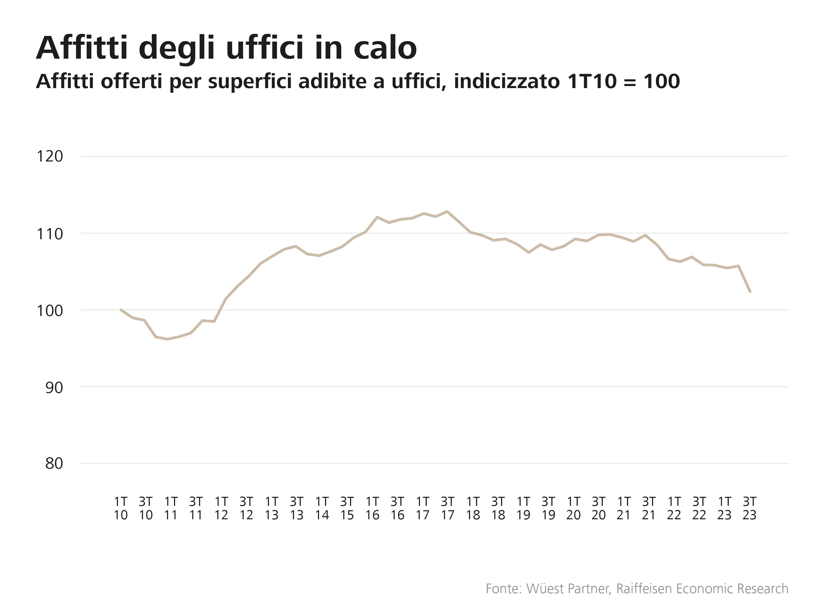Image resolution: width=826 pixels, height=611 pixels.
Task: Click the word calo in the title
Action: (385, 49)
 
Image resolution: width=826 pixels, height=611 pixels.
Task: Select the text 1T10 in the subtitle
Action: (592, 81)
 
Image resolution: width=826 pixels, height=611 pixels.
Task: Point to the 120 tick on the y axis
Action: (50, 157)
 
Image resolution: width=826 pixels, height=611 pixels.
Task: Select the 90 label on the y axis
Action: (54, 388)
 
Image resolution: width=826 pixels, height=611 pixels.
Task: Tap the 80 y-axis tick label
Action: (54, 463)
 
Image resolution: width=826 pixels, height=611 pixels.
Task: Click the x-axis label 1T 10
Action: (121, 508)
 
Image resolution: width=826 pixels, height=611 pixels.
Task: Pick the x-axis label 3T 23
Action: (750, 508)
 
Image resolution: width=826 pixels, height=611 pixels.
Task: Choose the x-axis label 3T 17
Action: (448, 508)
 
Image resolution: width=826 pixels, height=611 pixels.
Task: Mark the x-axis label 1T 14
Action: (322, 508)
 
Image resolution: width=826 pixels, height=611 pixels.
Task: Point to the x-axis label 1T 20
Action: (573, 508)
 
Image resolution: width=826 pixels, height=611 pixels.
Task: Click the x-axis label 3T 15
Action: (347, 508)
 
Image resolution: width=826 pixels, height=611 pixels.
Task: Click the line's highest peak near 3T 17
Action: (447, 212)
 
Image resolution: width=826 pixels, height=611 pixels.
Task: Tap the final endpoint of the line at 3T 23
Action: (750, 291)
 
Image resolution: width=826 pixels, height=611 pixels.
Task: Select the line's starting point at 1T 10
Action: (121, 310)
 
